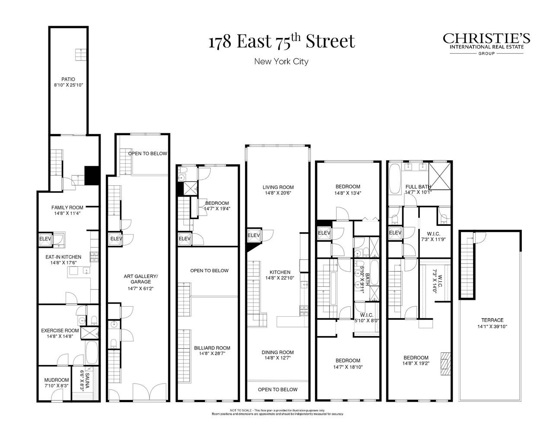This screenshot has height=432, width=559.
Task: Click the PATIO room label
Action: pos(68,79)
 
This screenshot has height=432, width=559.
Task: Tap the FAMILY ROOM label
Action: pos(67,207)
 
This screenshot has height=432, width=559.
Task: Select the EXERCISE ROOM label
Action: pos(60,330)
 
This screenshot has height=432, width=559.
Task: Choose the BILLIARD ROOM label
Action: pos(212,348)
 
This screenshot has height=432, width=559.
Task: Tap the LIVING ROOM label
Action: pos(278,187)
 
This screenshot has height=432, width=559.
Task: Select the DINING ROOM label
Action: pos(278,352)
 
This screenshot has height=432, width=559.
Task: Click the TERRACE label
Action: pos(492,320)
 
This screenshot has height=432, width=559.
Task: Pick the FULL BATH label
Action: pos(418,187)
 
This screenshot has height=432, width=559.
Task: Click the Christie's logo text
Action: pos(486,39)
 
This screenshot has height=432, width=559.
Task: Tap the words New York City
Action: pos(281,61)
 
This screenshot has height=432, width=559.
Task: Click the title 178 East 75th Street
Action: pos(282,41)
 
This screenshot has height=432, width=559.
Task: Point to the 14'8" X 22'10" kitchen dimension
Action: pos(279,278)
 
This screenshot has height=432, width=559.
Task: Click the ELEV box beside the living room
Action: pos(253,235)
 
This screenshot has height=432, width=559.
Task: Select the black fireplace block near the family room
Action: pos(92,176)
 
